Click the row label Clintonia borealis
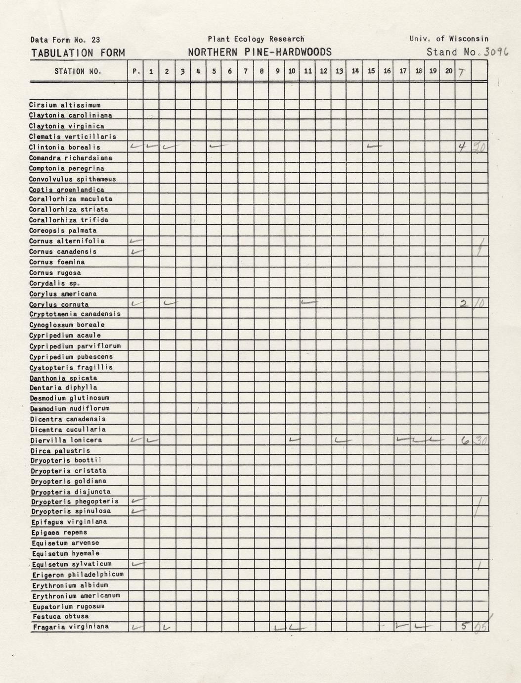click(x=64, y=147)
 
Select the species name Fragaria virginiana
click(x=71, y=627)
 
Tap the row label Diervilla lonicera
click(x=66, y=440)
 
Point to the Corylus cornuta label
click(x=59, y=304)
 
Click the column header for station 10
click(x=292, y=71)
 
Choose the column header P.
click(x=136, y=71)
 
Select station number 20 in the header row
click(x=448, y=71)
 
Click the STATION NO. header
click(x=78, y=71)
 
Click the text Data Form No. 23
click(x=65, y=40)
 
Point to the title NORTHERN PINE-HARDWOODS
click(x=260, y=52)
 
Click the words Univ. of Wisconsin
click(x=449, y=39)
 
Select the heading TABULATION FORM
click(x=78, y=53)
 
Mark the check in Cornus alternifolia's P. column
click(x=135, y=241)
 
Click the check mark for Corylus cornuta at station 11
click(x=308, y=302)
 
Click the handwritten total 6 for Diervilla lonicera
click(x=465, y=439)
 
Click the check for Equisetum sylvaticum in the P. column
click(x=137, y=564)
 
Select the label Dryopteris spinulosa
click(x=71, y=511)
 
